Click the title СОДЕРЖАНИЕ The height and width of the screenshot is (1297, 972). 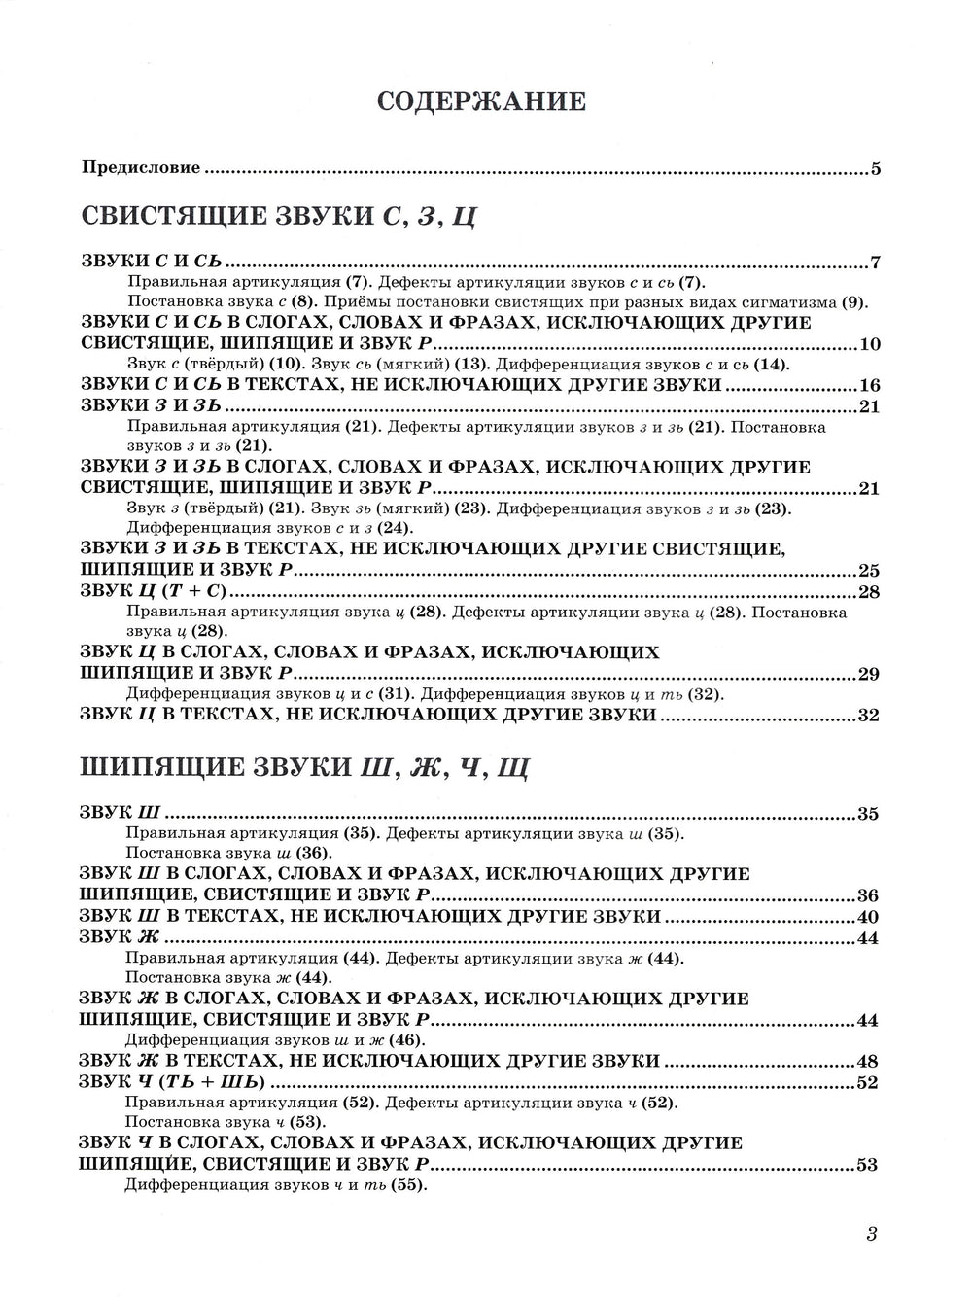tap(481, 100)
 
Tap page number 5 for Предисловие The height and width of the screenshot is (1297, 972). tap(875, 169)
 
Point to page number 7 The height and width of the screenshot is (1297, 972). tap(875, 263)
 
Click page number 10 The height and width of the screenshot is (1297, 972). tap(870, 345)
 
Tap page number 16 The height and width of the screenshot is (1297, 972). tap(870, 385)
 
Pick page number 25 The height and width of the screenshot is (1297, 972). tap(868, 570)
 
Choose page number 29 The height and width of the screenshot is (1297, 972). tap(868, 674)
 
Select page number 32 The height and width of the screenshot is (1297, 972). tap(868, 716)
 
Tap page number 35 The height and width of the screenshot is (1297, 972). tap(868, 814)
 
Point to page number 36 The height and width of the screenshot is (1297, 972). tap(868, 895)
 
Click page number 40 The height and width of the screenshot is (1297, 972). tap(868, 917)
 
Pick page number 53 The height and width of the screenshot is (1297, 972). tap(868, 1165)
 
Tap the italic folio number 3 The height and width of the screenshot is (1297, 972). tap(871, 1236)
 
